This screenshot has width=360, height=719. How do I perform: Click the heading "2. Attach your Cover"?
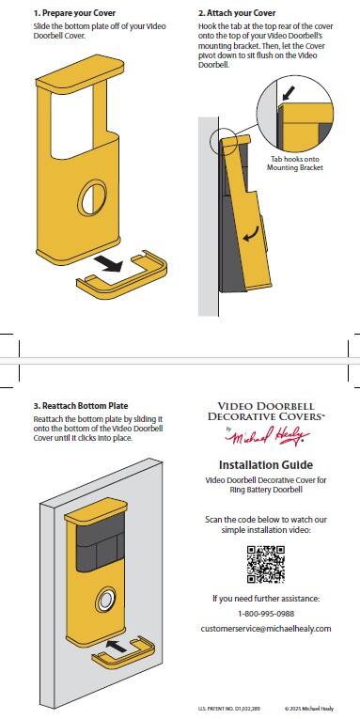pyautogui.click(x=236, y=13)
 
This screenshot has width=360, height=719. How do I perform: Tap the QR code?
pyautogui.click(x=265, y=565)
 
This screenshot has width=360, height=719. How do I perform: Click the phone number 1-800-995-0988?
pyautogui.click(x=265, y=613)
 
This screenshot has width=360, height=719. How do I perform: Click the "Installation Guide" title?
pyautogui.click(x=266, y=464)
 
